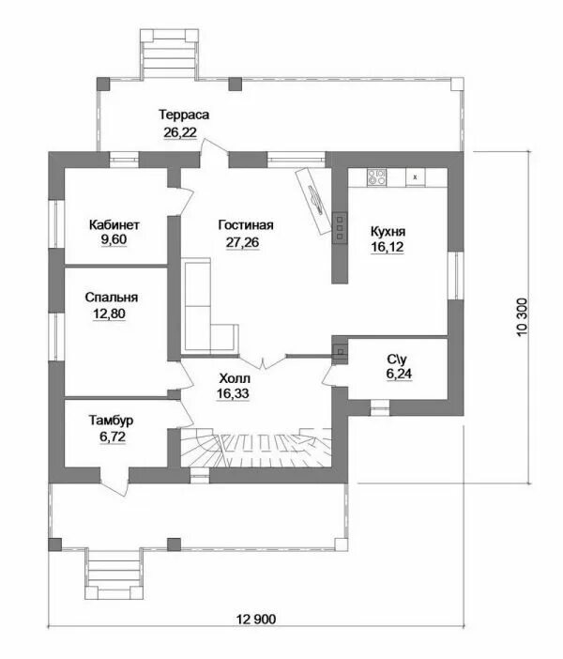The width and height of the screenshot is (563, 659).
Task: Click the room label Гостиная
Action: pos(246,225)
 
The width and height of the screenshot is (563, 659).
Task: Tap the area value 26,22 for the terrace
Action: pos(180,132)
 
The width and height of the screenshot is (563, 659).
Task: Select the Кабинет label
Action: pos(114,225)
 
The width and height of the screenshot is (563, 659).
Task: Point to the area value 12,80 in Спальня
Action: pos(109,314)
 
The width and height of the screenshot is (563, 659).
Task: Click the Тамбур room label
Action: pos(112,420)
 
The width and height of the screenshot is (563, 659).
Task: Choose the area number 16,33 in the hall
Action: pos(234,393)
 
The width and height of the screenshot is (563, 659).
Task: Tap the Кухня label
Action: pos(388,232)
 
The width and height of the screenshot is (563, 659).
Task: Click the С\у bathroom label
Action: pos(397,360)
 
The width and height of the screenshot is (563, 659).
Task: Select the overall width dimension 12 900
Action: pos(256,619)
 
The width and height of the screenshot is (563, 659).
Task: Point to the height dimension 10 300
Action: pos(522,317)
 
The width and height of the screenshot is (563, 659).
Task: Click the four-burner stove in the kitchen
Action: pos(377,176)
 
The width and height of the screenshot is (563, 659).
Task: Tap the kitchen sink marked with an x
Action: pos(415,176)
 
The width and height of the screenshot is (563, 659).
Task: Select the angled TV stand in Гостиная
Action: pos(313,201)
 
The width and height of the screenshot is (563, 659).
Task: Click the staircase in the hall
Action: pos(256,447)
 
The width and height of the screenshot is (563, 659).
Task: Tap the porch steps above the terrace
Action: pos(169,54)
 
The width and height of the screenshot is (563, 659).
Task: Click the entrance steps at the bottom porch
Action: pos(114,574)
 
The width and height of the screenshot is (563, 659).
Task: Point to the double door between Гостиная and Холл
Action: pos(264,362)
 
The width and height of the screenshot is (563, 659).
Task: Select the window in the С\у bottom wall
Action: pos(380,406)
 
